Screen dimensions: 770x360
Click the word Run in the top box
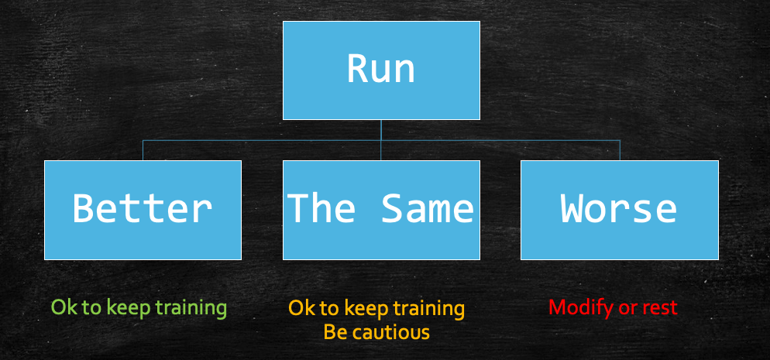point(381,69)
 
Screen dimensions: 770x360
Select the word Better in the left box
point(143,208)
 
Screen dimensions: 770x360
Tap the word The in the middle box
point(322,208)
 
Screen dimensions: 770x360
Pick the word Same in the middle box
point(428,208)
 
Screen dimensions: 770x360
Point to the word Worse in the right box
point(619,208)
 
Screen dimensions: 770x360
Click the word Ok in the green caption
point(62,307)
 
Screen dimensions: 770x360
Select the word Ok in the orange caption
point(300,309)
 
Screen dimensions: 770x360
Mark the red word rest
point(660,307)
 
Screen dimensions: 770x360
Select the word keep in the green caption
point(128,307)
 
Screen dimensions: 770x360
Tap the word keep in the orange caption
point(366,309)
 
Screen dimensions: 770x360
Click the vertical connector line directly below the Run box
point(381,130)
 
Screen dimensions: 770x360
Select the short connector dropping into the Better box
point(143,150)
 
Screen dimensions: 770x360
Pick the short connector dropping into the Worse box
point(620,150)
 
